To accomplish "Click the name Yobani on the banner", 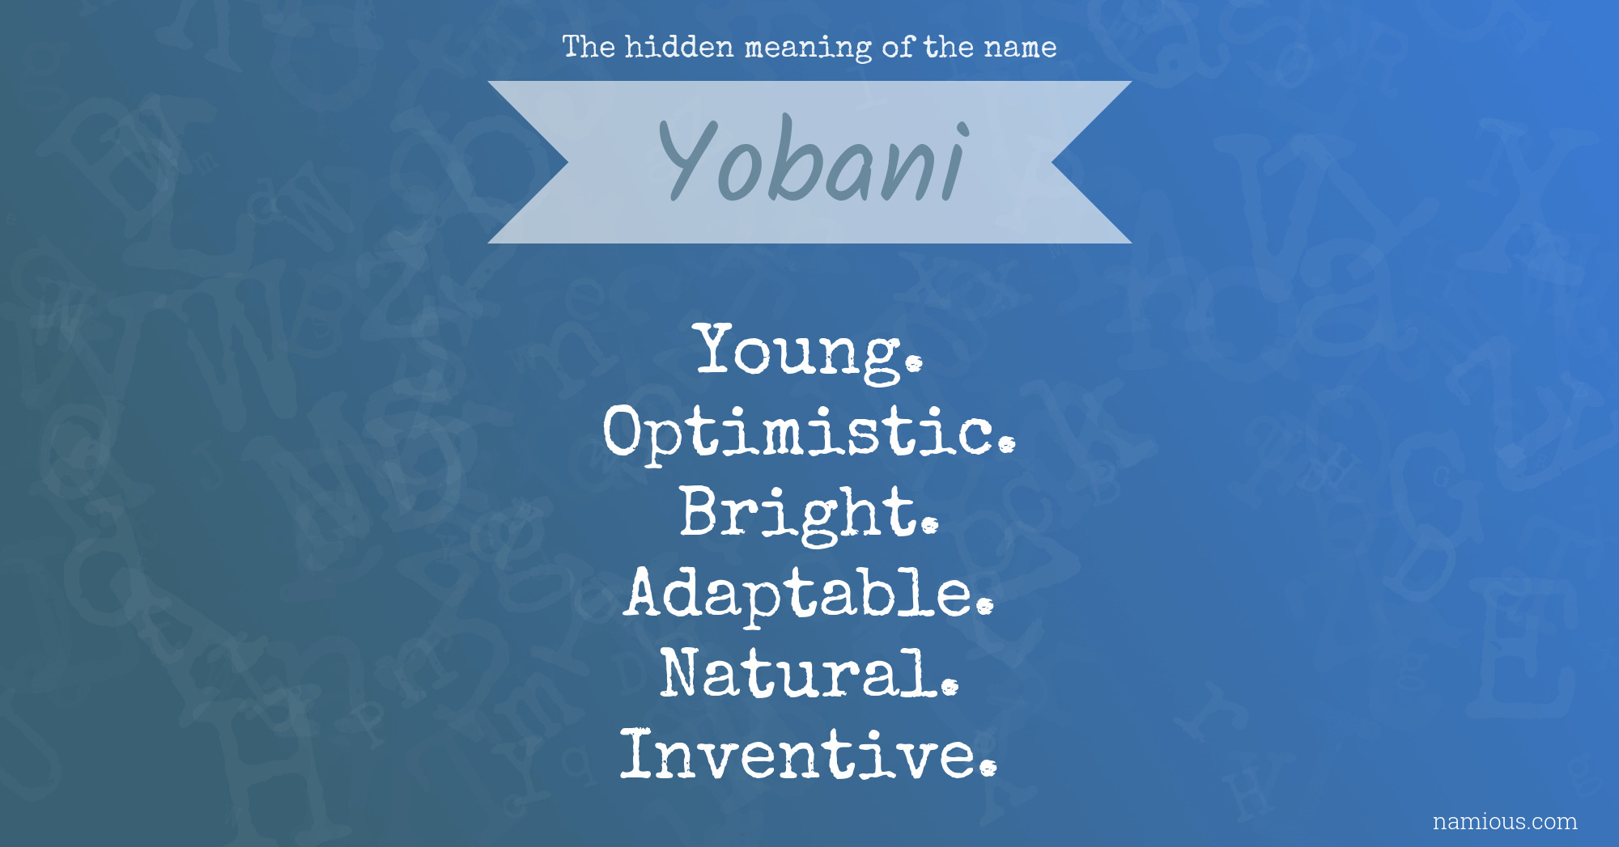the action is (813, 161).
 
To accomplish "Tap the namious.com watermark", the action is (1505, 821).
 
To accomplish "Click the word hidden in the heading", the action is (679, 47).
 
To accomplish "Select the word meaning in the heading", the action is (808, 49).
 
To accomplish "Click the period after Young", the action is (914, 364).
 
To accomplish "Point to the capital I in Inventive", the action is (636, 754).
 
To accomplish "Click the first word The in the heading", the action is (589, 47).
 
